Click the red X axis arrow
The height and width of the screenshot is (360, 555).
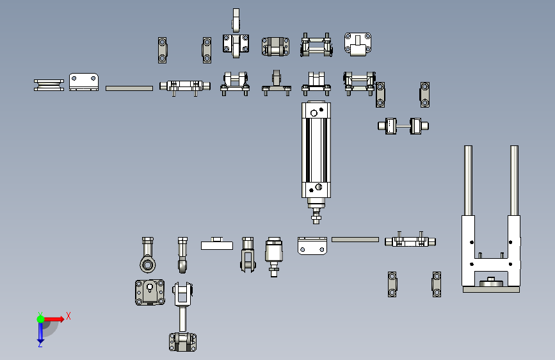(x=54, y=319)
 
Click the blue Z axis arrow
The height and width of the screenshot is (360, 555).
(x=40, y=332)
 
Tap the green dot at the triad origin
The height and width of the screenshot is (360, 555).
(x=40, y=319)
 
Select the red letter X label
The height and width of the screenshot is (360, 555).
(x=68, y=316)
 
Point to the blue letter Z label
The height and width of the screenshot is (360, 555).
(x=40, y=344)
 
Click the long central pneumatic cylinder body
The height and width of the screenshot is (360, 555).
(x=316, y=151)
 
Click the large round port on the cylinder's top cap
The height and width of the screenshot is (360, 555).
(x=314, y=113)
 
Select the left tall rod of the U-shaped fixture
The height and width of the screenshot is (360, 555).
(x=468, y=181)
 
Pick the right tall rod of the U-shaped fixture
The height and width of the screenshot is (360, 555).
(x=514, y=181)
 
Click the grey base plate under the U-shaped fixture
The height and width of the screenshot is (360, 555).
(x=491, y=290)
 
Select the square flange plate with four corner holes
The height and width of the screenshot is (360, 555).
(x=150, y=292)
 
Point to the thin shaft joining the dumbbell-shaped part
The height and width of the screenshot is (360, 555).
(x=403, y=126)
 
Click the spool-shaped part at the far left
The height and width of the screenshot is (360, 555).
(x=49, y=85)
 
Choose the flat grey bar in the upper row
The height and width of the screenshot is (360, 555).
(x=129, y=88)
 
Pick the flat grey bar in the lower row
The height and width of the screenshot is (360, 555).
(x=355, y=240)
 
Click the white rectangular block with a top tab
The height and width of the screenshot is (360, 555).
(x=217, y=244)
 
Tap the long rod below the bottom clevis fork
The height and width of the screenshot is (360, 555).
(x=182, y=319)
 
